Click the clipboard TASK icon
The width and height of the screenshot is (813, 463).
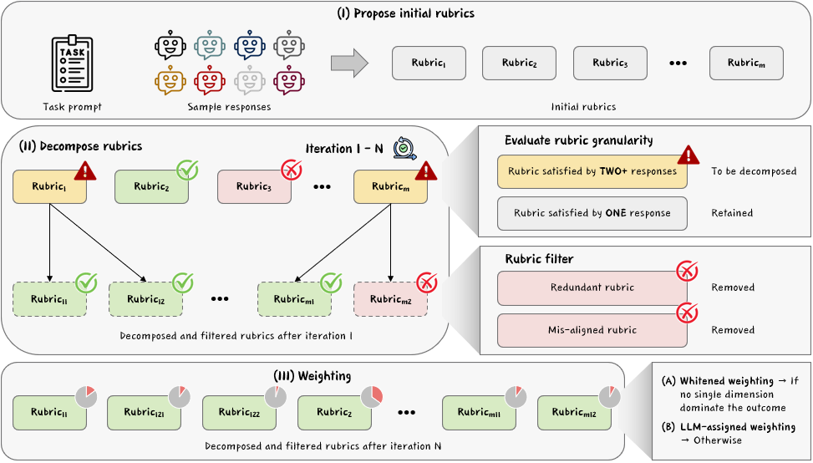coord(73,64)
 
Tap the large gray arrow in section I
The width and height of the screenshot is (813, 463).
coord(349,64)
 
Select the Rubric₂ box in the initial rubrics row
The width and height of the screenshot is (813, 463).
coord(519,63)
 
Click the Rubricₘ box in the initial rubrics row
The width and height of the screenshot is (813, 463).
coord(746,63)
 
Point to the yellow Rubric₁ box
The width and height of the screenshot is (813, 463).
coord(49,186)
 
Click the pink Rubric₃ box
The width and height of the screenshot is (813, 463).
coord(254,186)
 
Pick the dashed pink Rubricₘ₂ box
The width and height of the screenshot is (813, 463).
coord(390,299)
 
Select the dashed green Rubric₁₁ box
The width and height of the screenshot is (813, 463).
coord(49,299)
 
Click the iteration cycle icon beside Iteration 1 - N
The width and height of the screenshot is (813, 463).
coord(405,147)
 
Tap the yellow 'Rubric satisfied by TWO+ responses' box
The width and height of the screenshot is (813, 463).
coord(592,171)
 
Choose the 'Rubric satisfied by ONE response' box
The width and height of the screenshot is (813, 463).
coord(592,213)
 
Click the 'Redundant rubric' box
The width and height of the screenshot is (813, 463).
coord(592,287)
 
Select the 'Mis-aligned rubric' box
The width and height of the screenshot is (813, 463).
coord(592,330)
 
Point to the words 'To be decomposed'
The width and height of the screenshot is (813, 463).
coord(754,171)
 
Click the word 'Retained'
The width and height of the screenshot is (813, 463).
coord(732,213)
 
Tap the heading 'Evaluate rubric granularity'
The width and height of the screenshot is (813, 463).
coord(578,140)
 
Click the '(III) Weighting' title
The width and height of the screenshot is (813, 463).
coord(312,375)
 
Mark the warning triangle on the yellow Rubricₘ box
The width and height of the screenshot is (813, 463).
coord(426,171)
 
